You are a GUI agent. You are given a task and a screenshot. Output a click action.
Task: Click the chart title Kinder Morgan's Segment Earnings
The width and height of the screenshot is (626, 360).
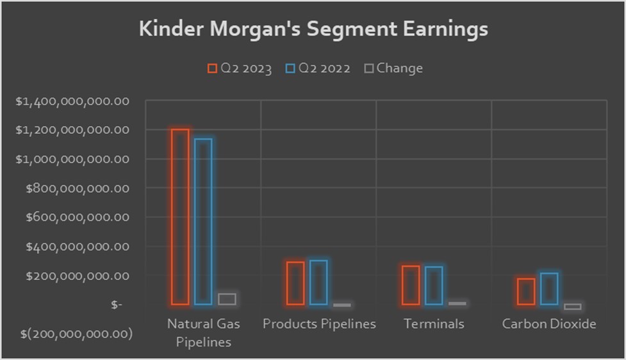tap(313, 29)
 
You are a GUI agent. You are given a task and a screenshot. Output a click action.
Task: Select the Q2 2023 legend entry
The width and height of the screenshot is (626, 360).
tap(240, 69)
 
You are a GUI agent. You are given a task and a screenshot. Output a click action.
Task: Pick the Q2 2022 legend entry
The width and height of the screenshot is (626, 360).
tap(318, 69)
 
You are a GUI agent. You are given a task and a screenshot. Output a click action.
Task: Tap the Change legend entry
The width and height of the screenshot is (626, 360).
tap(393, 68)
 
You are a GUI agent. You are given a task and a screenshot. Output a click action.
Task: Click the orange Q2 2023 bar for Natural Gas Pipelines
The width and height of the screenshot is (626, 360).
tap(180, 217)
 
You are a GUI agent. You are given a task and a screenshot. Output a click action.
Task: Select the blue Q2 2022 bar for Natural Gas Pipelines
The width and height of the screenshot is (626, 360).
tap(203, 222)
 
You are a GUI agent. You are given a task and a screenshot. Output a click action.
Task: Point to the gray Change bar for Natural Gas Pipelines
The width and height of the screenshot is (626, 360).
tap(226, 299)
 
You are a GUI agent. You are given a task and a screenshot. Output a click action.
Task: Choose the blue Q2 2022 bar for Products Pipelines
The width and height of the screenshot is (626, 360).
tap(318, 282)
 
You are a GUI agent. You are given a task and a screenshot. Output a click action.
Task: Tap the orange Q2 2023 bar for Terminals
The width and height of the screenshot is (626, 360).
tap(411, 285)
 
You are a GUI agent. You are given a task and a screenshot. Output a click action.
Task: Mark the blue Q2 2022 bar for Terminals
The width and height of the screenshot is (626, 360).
tap(434, 286)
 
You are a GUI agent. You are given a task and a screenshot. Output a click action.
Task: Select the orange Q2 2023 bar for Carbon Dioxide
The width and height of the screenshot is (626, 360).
tap(526, 291)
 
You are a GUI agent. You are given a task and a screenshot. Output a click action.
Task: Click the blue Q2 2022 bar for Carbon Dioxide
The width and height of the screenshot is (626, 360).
tap(549, 289)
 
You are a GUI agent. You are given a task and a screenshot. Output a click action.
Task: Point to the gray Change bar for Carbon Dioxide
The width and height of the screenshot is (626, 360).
tap(572, 307)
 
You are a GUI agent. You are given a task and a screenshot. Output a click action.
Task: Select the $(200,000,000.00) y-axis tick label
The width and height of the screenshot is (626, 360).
tap(76, 334)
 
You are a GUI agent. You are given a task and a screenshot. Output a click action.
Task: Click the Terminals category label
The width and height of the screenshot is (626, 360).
tap(434, 324)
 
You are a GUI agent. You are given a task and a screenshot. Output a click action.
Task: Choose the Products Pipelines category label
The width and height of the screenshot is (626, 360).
tap(319, 324)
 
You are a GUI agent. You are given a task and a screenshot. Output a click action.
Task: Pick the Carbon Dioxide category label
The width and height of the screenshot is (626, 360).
tap(549, 324)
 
